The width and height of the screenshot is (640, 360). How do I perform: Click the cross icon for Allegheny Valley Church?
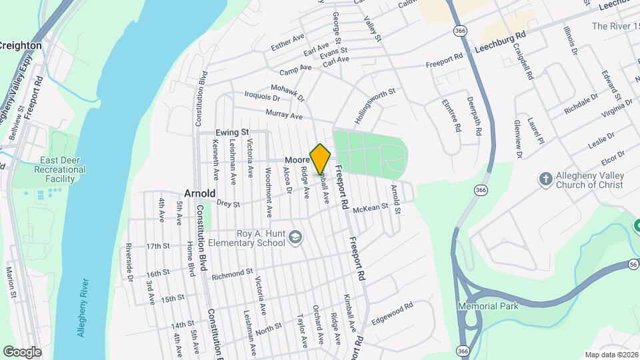(x=545, y=179)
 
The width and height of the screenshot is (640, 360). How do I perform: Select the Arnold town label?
(x=199, y=193)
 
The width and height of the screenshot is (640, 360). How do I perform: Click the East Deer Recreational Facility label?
(x=63, y=169)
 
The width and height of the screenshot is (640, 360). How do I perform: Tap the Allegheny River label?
(x=83, y=307)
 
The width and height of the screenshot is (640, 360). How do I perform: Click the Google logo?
(x=22, y=351)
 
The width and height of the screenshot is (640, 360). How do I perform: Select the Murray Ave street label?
(x=284, y=115)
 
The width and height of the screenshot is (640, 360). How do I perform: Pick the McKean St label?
(x=370, y=209)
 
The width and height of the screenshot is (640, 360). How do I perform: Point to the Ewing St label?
(x=231, y=133)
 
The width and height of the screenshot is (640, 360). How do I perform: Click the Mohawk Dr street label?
(x=287, y=93)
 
